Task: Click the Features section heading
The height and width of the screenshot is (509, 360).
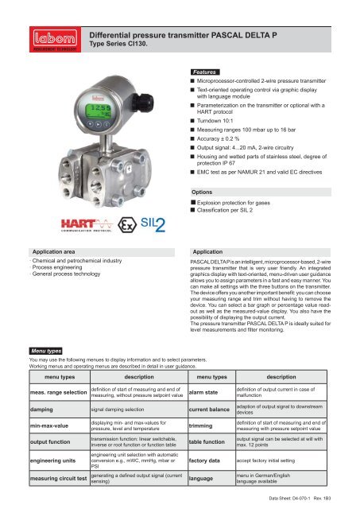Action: [209, 72]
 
